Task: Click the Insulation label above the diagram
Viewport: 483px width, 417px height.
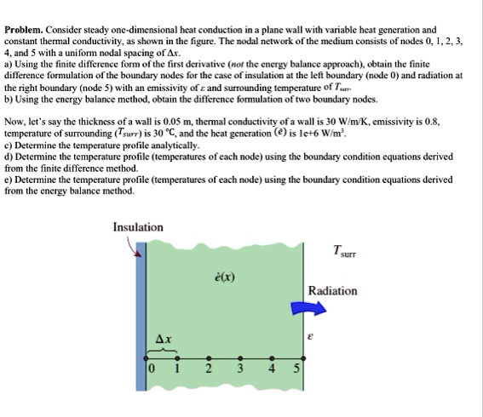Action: point(138,227)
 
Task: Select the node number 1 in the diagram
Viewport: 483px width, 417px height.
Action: point(175,369)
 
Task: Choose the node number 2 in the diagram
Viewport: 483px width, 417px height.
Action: point(208,369)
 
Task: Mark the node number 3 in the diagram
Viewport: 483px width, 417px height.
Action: point(240,369)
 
